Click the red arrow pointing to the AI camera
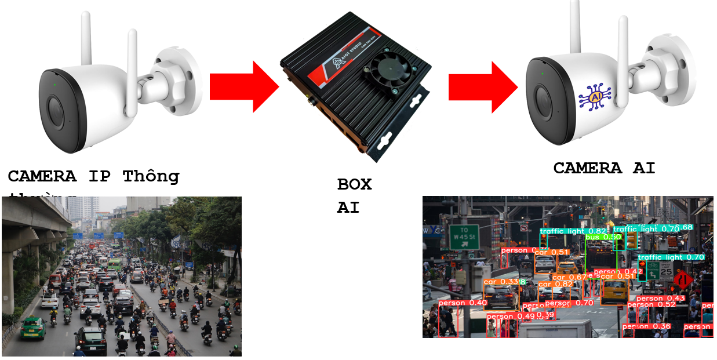click(x=481, y=87)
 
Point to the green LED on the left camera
click(x=54, y=85)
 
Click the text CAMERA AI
click(x=604, y=168)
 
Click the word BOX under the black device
click(x=354, y=184)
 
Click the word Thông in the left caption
click(x=151, y=176)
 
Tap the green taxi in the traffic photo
click(x=32, y=328)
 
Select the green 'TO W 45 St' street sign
click(x=464, y=237)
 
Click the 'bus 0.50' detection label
click(x=603, y=237)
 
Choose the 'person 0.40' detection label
click(x=462, y=303)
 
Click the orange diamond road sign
click(x=683, y=281)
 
